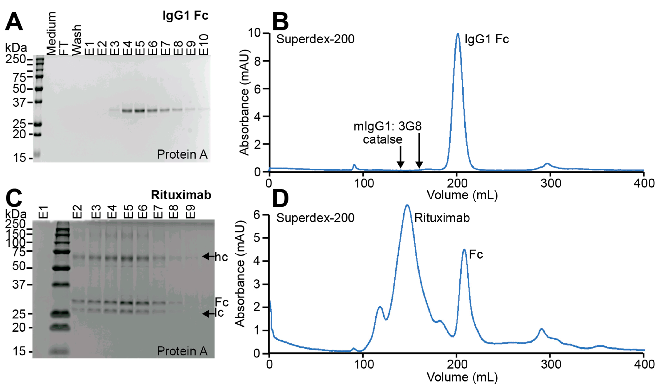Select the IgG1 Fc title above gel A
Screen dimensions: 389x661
[x=185, y=15]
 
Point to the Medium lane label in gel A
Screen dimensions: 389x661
[x=51, y=34]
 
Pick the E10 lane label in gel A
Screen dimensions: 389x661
[x=204, y=45]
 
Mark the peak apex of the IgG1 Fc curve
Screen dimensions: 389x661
[x=458, y=34]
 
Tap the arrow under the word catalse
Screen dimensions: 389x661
[x=400, y=157]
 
